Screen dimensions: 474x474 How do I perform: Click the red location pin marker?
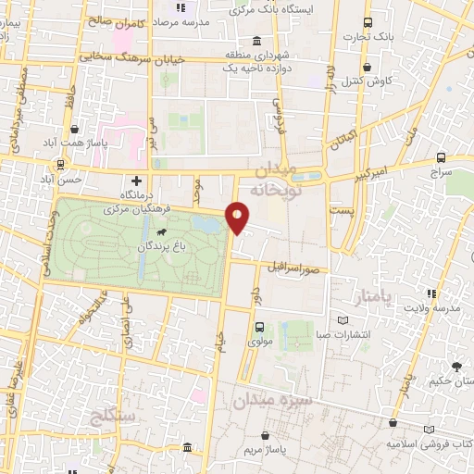pos(238,218)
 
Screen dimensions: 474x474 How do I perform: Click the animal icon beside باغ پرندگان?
pos(161,231)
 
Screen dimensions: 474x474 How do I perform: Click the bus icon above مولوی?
pos(259,326)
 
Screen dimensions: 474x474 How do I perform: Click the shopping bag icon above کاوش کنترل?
pos(368,67)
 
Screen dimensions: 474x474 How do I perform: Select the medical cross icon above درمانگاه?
pos(137,181)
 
